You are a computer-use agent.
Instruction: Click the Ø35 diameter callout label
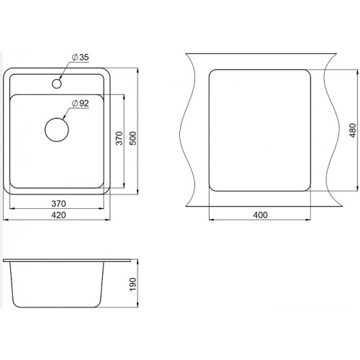click(x=81, y=58)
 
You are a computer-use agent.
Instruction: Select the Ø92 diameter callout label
click(x=81, y=104)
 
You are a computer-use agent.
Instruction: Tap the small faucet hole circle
click(x=57, y=84)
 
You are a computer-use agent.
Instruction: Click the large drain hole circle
click(x=57, y=130)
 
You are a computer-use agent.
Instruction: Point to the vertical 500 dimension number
click(x=132, y=138)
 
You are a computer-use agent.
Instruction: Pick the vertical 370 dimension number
click(x=120, y=138)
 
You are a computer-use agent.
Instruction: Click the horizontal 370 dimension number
click(x=58, y=204)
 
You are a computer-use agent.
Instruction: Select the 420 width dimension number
click(x=58, y=215)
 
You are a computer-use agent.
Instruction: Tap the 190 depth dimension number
click(x=132, y=284)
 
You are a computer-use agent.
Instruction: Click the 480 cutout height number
click(x=353, y=130)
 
